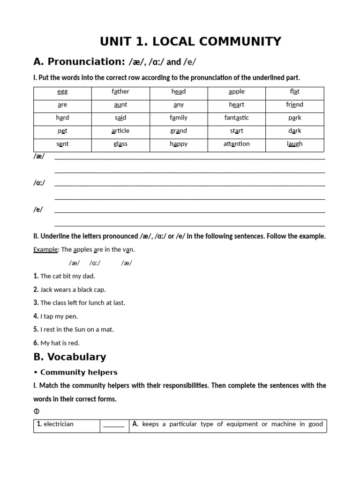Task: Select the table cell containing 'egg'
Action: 62,92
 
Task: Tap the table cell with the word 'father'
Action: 120,92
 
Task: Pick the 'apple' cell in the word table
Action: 237,92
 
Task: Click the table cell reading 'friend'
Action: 294,105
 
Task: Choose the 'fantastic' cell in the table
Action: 237,118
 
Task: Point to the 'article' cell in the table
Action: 120,131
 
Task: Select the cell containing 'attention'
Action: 237,144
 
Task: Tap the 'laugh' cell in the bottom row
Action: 294,144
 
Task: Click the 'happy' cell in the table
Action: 179,144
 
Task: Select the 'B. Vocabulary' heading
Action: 70,357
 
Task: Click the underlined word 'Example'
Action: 45,250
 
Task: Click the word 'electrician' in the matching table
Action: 58,424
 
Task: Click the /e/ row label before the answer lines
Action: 38,210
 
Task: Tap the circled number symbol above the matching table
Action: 37,412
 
